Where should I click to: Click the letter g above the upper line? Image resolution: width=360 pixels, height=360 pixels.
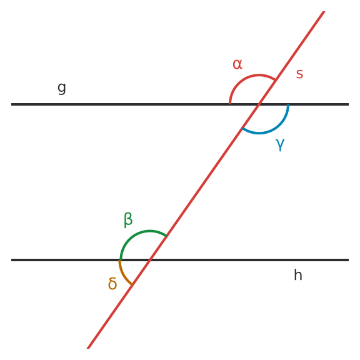(61, 88)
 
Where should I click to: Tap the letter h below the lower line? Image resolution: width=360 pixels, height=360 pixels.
(298, 274)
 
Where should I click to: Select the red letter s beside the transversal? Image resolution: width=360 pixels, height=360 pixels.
(299, 74)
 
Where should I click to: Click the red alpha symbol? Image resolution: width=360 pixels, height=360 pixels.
(237, 64)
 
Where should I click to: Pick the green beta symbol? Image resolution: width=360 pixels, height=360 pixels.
(128, 220)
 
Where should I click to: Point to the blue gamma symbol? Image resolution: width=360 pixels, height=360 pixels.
(280, 144)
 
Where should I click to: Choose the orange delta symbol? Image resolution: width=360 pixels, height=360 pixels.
(112, 284)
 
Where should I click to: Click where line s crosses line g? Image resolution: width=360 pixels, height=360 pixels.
(259, 104)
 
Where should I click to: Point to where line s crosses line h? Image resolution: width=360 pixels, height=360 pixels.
(150, 260)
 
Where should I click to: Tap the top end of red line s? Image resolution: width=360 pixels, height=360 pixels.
(324, 11)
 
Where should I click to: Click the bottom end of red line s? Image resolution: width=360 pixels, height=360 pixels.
(88, 348)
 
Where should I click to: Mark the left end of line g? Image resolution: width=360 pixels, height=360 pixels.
(11, 104)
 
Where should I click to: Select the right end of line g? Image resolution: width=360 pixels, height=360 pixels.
(349, 104)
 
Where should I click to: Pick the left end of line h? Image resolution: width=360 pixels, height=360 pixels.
(11, 260)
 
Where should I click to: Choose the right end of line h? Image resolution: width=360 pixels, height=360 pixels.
(349, 260)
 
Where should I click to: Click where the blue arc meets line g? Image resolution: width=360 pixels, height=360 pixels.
(288, 105)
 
